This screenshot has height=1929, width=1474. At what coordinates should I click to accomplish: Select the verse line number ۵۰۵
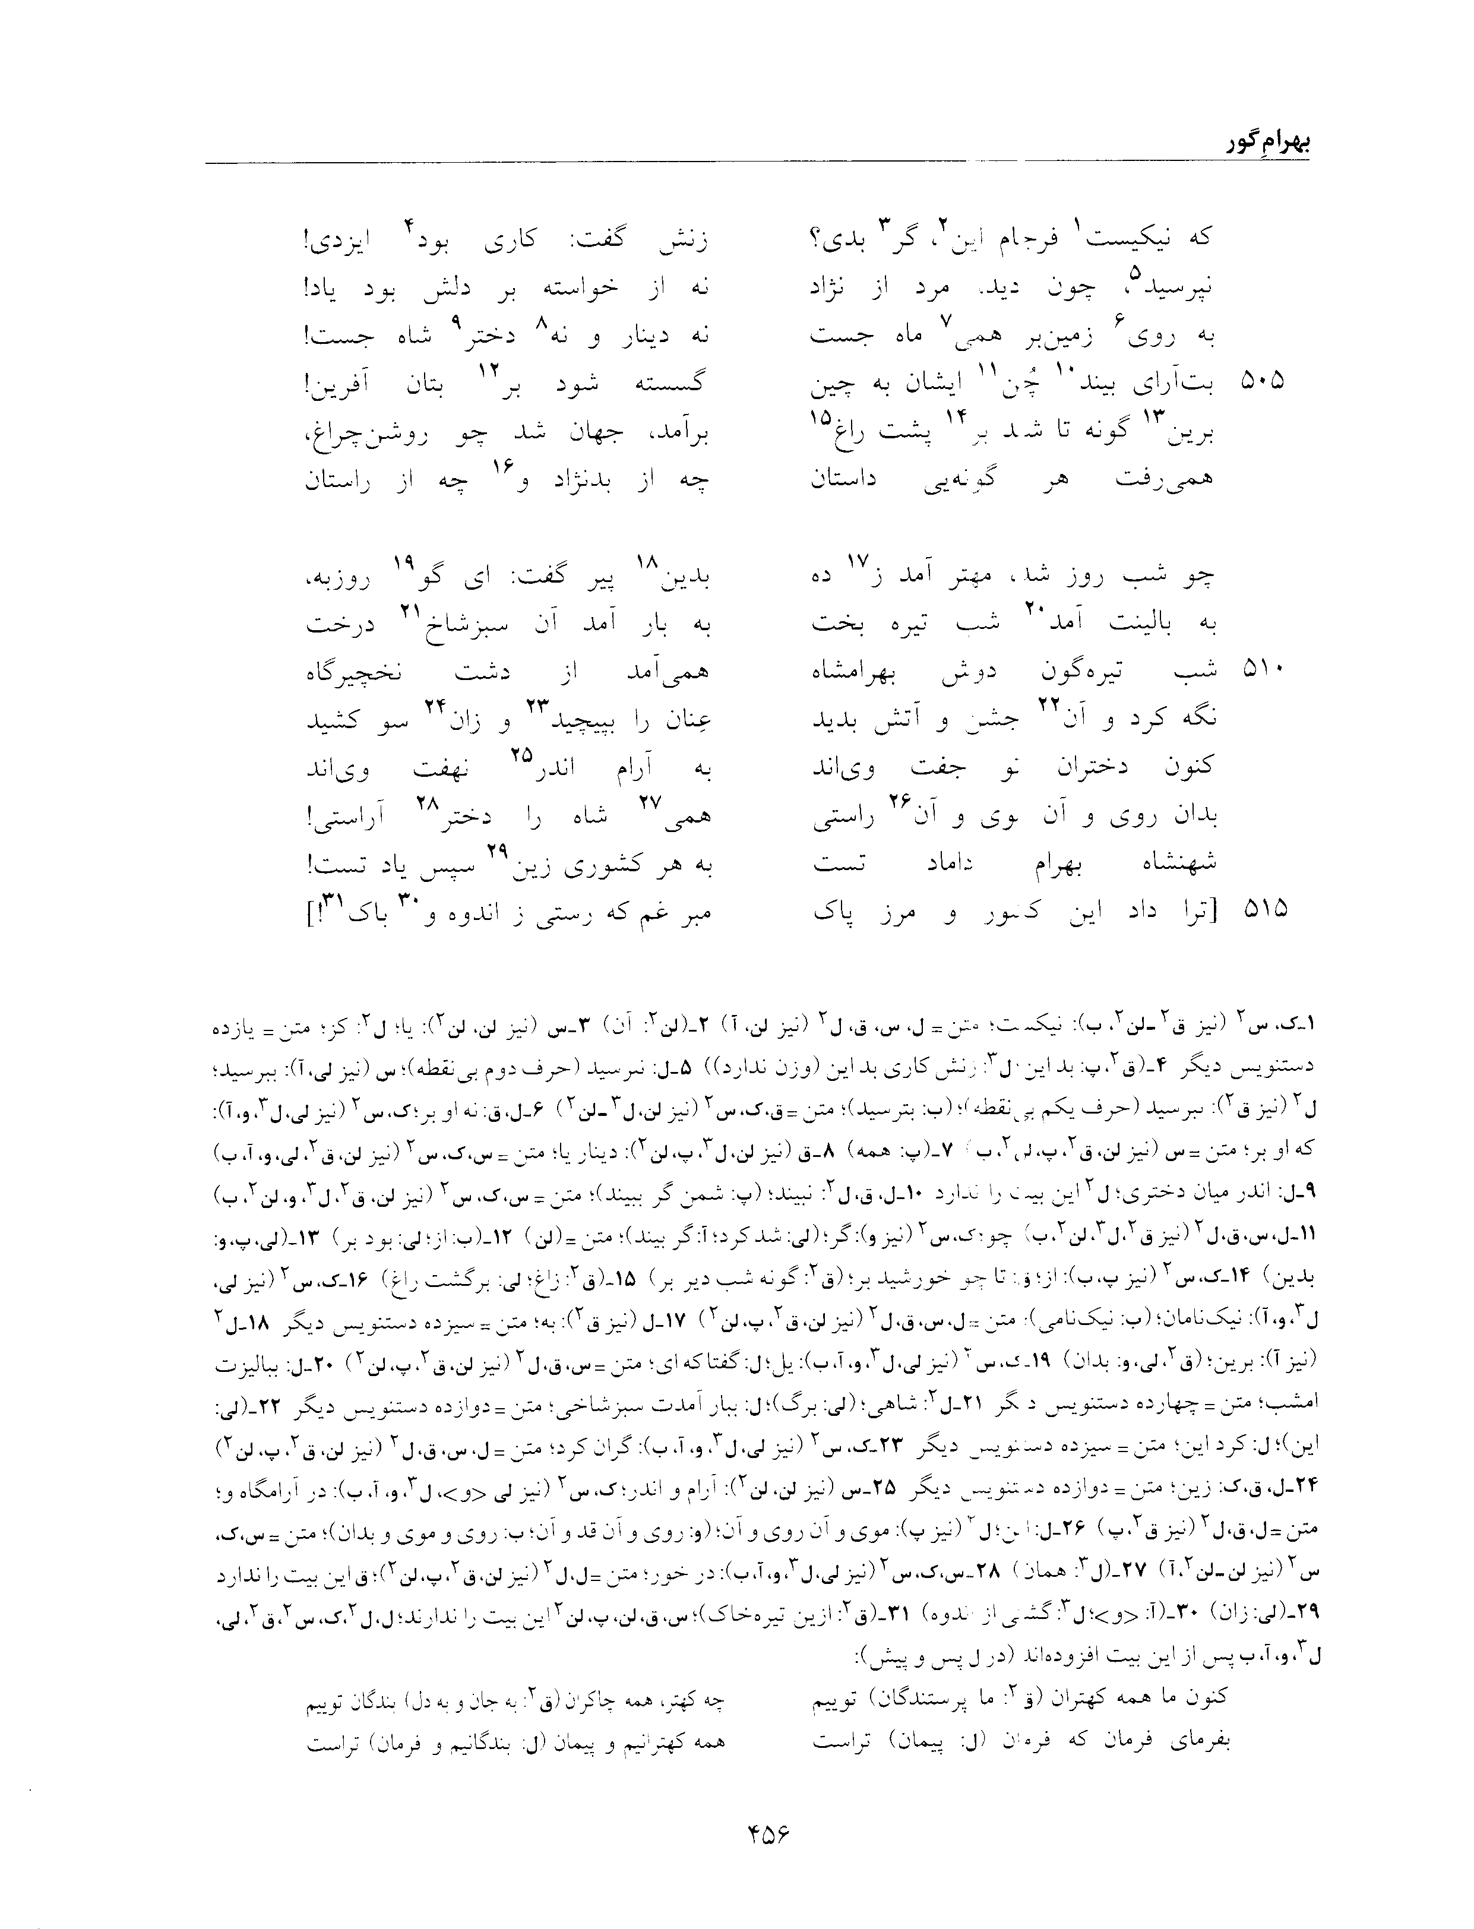tap(1263, 380)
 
